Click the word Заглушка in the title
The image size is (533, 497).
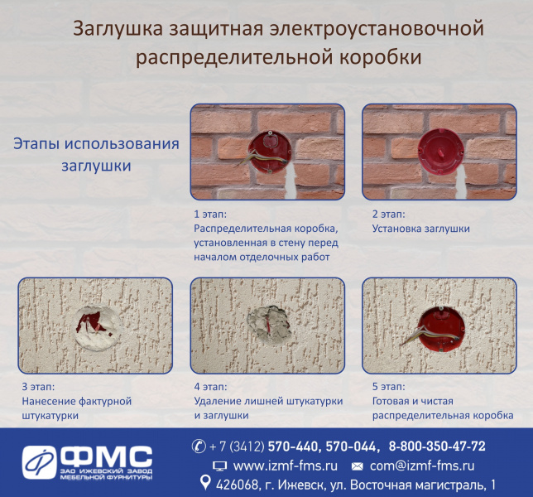(x=118, y=28)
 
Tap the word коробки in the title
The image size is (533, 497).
(x=381, y=57)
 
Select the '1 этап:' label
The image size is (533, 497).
(x=210, y=214)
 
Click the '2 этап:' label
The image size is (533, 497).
(x=388, y=214)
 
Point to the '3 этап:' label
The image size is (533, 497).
(x=38, y=387)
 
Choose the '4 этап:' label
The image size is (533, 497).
(x=210, y=387)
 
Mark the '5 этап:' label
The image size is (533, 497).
(x=388, y=387)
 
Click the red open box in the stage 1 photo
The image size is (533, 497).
(x=270, y=152)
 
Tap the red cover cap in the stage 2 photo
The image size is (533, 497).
(x=440, y=152)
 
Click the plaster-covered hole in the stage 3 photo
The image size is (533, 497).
(x=97, y=327)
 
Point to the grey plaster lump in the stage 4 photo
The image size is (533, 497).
(x=269, y=323)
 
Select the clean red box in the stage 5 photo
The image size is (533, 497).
(x=441, y=328)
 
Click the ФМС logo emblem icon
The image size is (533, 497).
(x=39, y=462)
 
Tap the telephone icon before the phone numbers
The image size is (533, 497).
(x=199, y=446)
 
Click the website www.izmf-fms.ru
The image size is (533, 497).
(x=286, y=466)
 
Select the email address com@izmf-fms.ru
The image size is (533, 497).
(x=422, y=466)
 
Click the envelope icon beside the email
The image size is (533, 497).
(x=357, y=466)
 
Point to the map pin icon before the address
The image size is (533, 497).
(x=204, y=483)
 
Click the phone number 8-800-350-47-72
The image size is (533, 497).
(x=437, y=446)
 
